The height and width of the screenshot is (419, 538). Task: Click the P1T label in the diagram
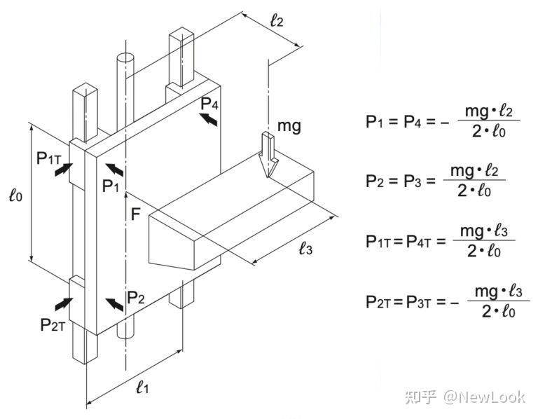pos(49,158)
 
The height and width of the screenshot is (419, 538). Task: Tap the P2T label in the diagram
pos(53,324)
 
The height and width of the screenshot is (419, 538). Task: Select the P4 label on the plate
pos(209,103)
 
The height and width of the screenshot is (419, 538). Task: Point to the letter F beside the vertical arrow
pos(136,214)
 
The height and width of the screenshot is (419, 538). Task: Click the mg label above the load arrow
pos(289,126)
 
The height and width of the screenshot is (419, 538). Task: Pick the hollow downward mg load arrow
pos(268,155)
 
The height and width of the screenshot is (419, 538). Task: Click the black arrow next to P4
pos(209,119)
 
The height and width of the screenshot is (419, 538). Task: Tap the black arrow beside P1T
pos(64,170)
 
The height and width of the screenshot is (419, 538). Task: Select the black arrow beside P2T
pos(64,304)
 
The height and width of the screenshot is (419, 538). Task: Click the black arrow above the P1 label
pos(115,170)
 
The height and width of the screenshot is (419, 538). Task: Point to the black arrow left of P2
pos(115,305)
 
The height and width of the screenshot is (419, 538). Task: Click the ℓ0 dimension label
pos(16,195)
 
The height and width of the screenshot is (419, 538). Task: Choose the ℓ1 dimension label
pos(142,387)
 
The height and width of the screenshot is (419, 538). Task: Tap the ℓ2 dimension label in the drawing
pos(277,20)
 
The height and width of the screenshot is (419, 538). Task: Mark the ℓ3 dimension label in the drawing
pos(305,248)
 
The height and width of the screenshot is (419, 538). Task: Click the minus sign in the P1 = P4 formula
pos(445,122)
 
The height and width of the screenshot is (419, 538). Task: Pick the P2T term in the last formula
pos(378,302)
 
